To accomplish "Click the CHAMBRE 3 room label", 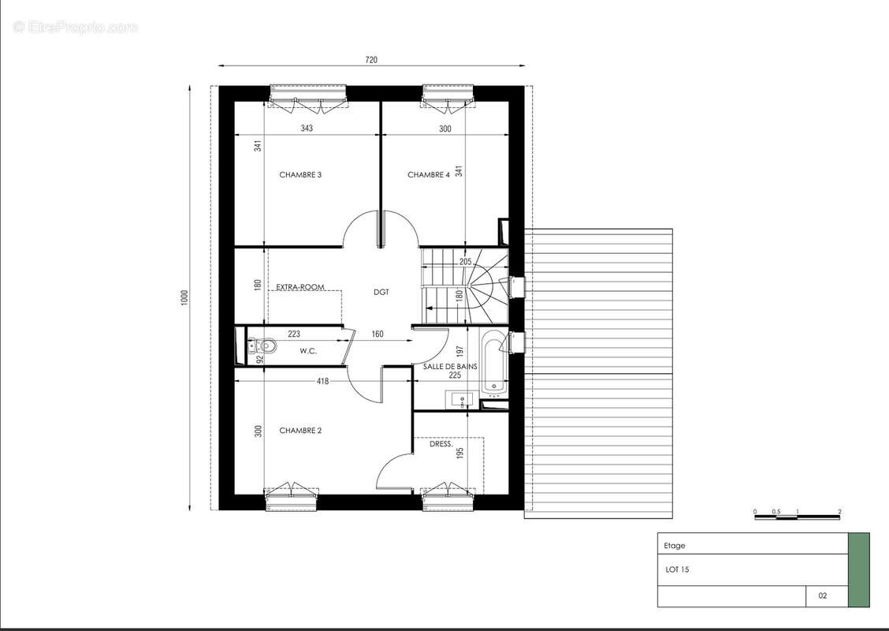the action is coord(300,175).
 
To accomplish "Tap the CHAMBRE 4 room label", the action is coord(429,175).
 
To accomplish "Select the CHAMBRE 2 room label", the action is coord(300,431).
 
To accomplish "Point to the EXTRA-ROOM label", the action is coord(300,287).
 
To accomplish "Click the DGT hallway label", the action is coord(381,293).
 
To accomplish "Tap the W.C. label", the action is coord(308,351).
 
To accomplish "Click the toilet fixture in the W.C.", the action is coord(262,345).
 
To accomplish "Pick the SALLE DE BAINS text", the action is coord(450,367).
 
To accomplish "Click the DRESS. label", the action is coord(441,444).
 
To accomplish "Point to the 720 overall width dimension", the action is coord(370,60).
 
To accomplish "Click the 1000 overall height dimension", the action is coord(184,298).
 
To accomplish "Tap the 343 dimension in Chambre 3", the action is coord(307,129).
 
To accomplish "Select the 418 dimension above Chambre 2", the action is coord(322,381).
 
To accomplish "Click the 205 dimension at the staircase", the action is coord(466,262).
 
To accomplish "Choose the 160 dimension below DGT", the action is coord(378,334).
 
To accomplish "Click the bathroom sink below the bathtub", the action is coord(462,399).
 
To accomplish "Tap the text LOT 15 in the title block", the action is coord(677,569).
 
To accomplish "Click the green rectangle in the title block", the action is coord(858,569).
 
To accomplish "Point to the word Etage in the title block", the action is coord(675,546).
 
